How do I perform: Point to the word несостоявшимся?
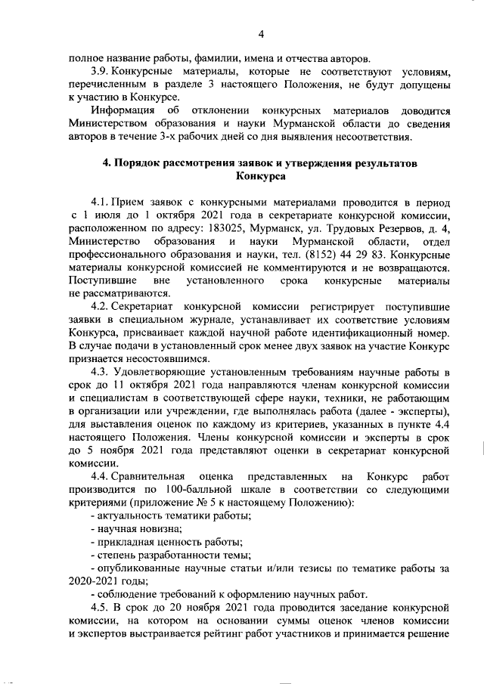point(160,358)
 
